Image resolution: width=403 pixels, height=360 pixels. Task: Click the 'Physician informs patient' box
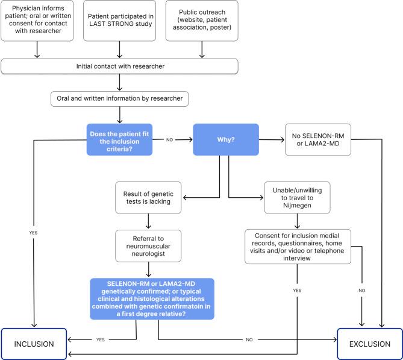38,21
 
